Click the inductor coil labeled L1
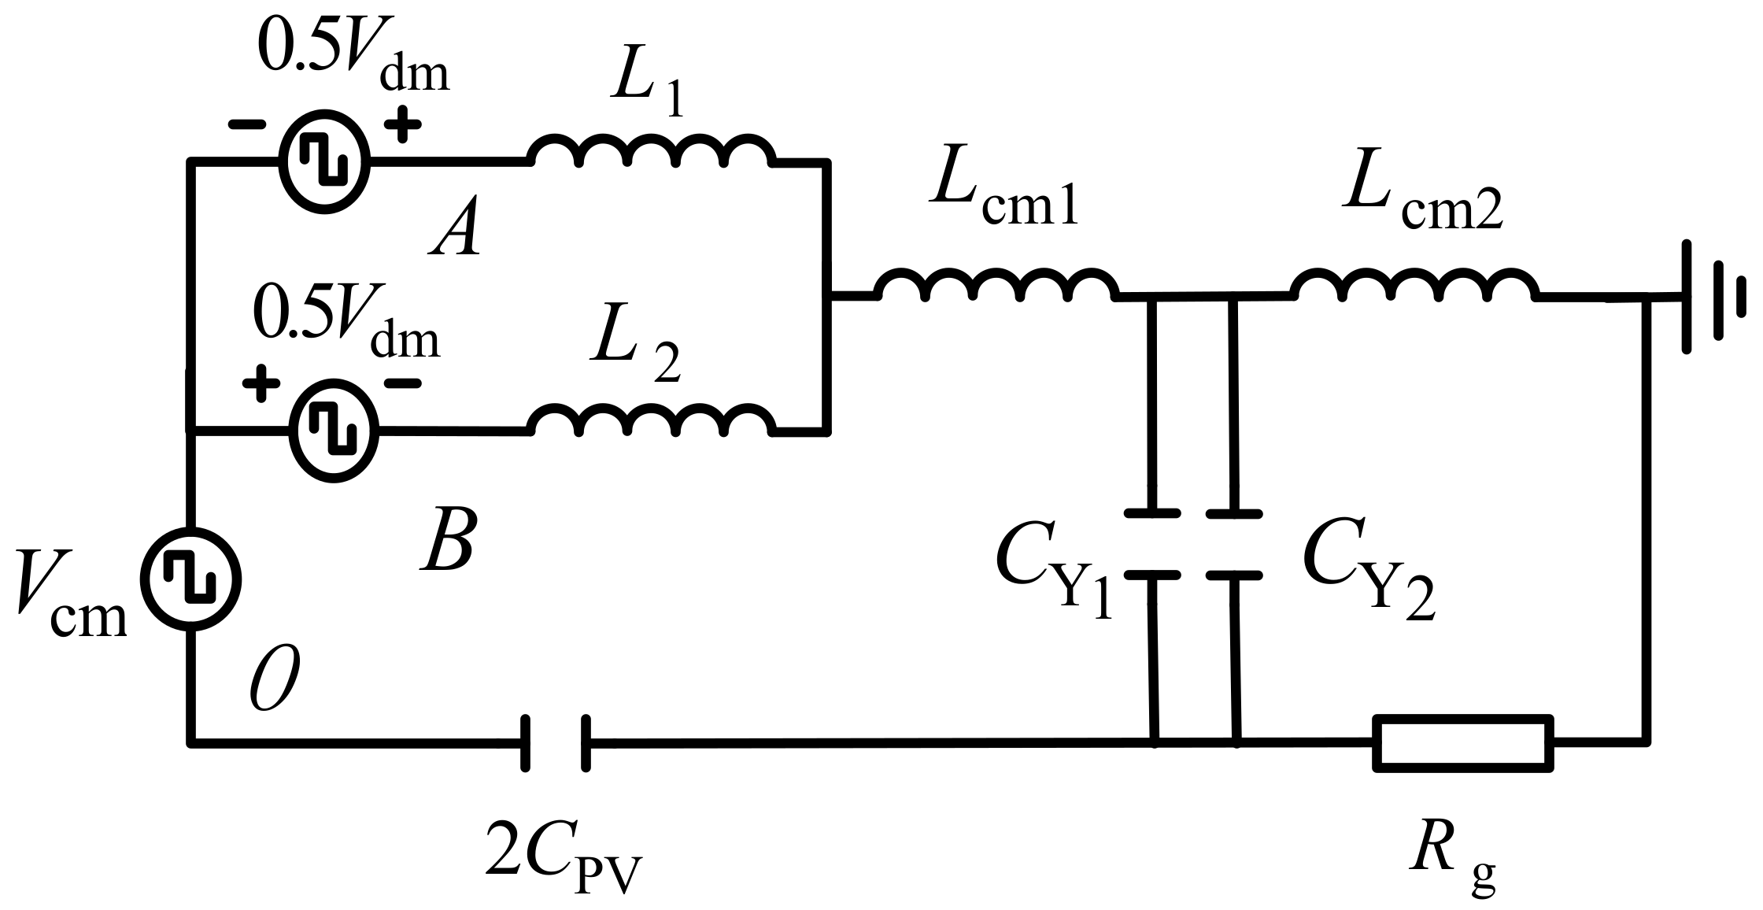650,152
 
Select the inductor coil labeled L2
650,421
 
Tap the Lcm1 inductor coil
996,286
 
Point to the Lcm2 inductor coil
1414,286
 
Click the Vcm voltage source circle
190,579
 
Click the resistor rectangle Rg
1463,742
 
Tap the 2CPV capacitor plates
555,742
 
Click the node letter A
455,234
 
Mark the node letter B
448,544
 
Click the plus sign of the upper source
402,124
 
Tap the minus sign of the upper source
246,124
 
